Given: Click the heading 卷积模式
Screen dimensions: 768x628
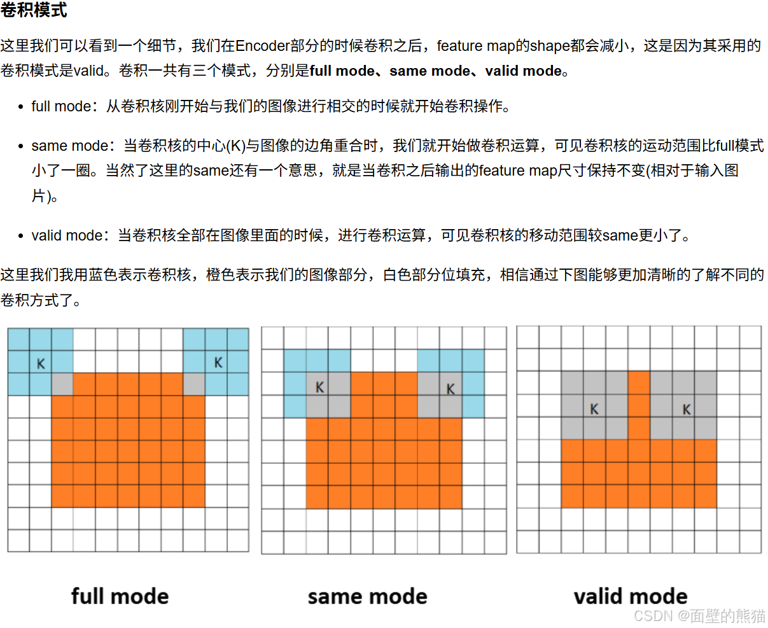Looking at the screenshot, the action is [34, 10].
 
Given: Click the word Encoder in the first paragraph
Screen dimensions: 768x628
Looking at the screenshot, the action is [262, 46].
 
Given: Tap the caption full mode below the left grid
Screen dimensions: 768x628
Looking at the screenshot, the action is [120, 596].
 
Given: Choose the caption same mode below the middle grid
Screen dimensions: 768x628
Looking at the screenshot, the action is [367, 596].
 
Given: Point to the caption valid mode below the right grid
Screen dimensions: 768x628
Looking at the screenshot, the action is [630, 596].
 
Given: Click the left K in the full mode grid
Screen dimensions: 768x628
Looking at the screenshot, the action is [41, 363].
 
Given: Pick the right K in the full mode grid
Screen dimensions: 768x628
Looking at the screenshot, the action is [218, 363].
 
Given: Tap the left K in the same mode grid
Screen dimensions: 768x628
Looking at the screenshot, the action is [319, 387].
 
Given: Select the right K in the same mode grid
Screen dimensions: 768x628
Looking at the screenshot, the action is [450, 389].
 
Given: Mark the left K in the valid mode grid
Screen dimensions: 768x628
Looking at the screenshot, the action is [594, 409].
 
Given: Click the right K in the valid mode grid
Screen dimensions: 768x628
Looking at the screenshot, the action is [687, 409].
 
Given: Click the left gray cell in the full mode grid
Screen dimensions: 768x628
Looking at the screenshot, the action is [62, 384].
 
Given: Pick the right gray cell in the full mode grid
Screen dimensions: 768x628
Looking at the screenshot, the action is [194, 384].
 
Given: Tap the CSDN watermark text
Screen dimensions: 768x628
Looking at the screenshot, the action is [699, 615].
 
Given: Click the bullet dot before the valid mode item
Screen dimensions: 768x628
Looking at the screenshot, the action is [21, 237].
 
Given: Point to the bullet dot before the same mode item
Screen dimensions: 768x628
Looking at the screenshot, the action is [21, 147].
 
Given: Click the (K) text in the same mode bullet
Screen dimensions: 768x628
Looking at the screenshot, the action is [236, 146].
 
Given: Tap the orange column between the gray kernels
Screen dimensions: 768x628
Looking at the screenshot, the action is [639, 405].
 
